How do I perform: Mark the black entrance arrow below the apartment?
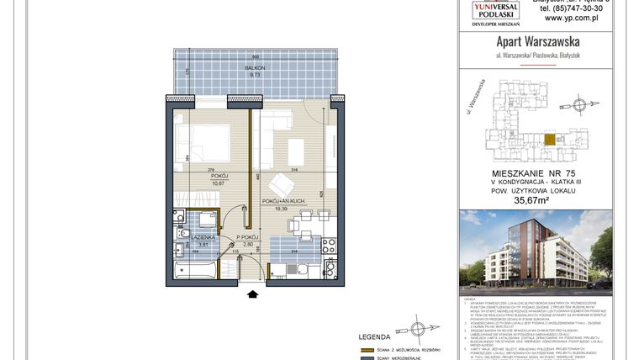(252, 294)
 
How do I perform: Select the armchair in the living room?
(279, 184)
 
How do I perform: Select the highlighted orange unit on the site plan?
(550, 140)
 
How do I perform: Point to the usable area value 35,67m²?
(543, 201)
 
